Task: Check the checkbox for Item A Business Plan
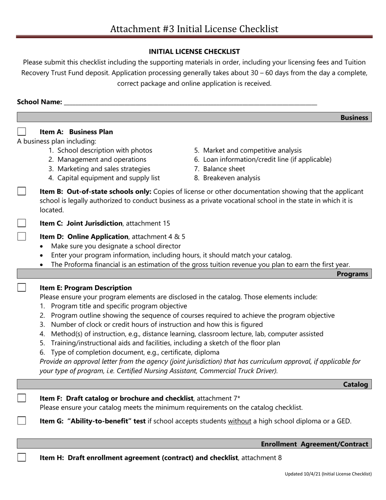click(22, 132)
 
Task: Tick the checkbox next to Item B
click(22, 191)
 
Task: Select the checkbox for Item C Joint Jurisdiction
click(22, 223)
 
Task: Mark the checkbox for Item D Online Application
click(22, 236)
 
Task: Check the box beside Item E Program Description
click(22, 287)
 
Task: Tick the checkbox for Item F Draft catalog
click(22, 398)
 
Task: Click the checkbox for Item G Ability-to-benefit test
click(22, 421)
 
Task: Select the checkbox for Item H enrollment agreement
click(22, 457)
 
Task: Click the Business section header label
click(354, 117)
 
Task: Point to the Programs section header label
click(352, 274)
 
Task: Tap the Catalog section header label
click(356, 385)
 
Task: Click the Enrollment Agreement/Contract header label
click(314, 444)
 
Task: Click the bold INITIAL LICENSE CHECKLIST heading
click(194, 52)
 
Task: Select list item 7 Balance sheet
click(219, 169)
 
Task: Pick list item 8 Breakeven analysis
click(227, 178)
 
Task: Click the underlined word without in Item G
click(239, 421)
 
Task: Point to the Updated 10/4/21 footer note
click(328, 474)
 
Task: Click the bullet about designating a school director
click(116, 246)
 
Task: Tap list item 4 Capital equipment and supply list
click(104, 178)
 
